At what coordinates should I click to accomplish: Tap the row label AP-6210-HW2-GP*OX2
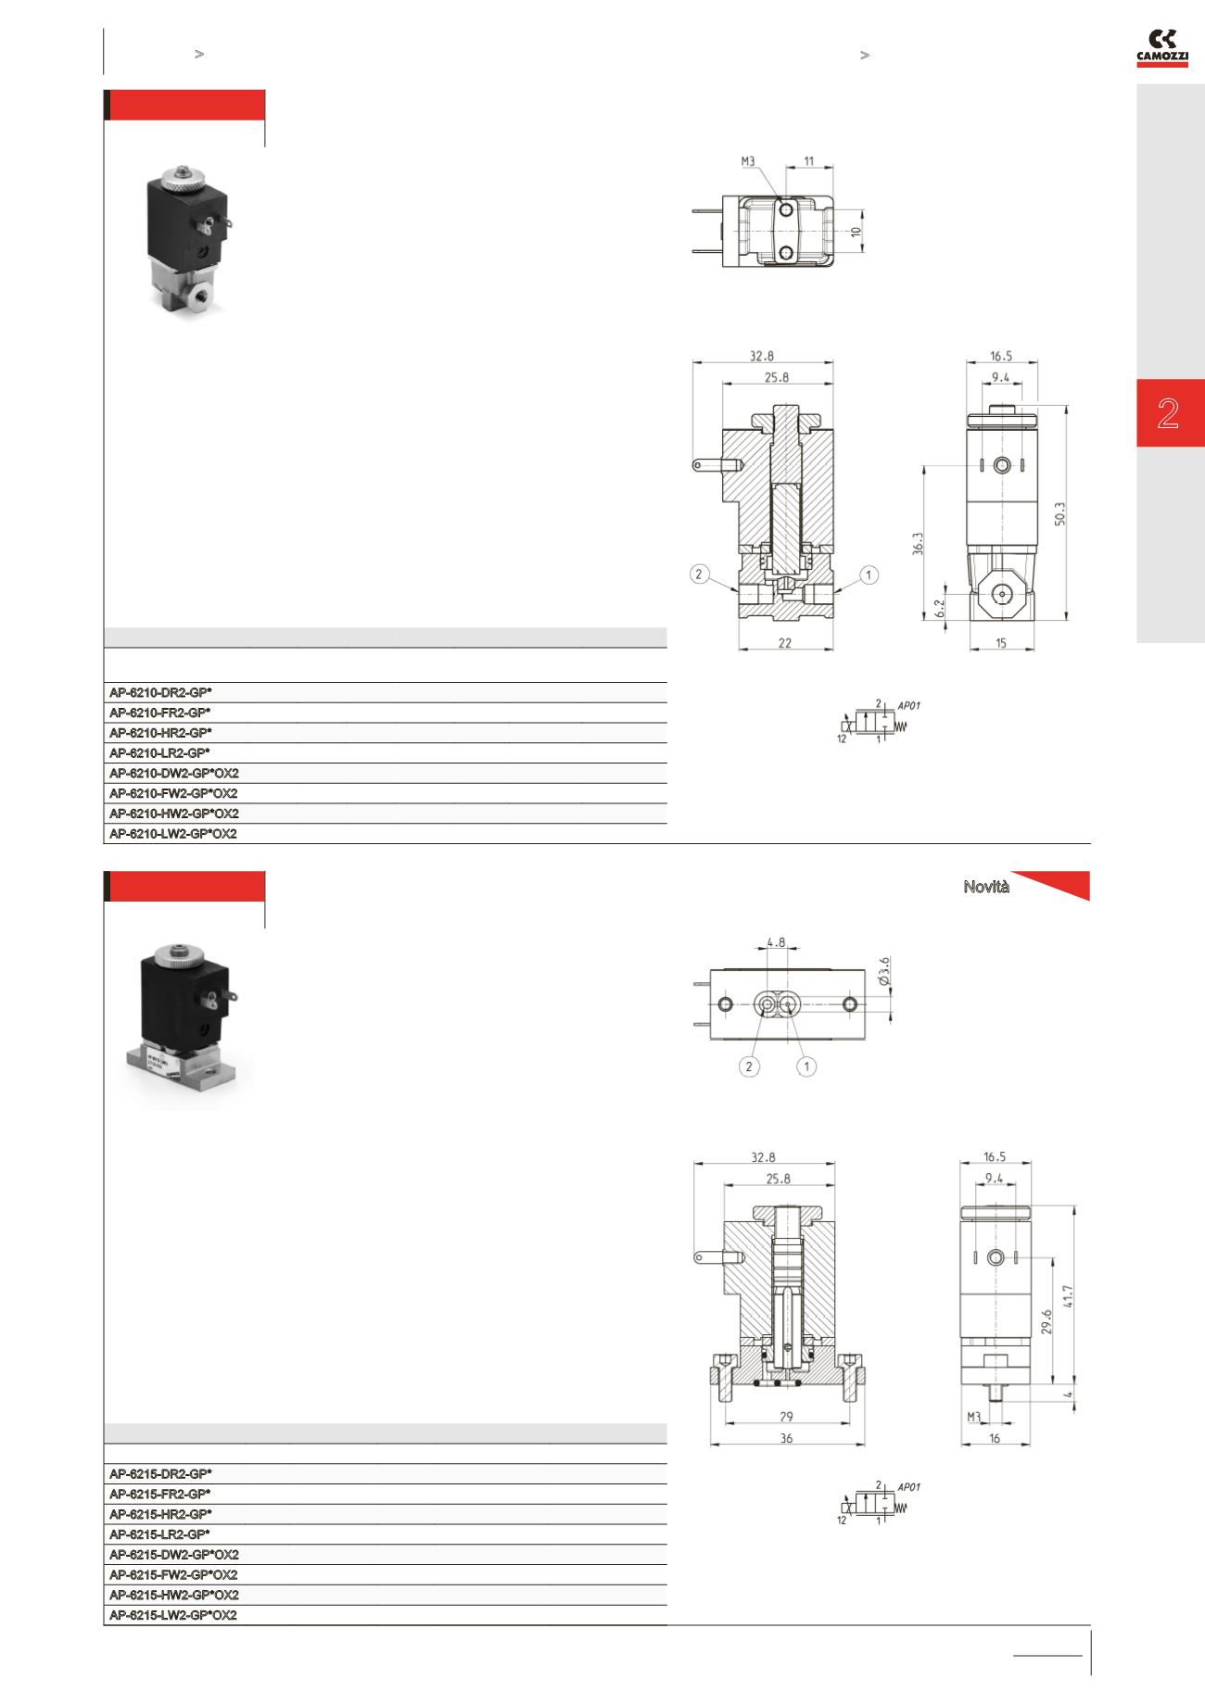[x=173, y=814]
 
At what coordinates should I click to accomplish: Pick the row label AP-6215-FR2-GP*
[x=160, y=1494]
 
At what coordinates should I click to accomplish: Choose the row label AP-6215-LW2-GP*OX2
[x=172, y=1615]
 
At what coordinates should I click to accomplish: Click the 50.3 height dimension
[x=1059, y=513]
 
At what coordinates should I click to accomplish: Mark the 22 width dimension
[x=785, y=643]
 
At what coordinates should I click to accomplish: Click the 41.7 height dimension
[x=1068, y=1295]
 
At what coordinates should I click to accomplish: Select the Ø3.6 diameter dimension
[x=883, y=969]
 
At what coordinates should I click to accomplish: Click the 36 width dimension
[x=787, y=1438]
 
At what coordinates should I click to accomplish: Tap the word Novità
[x=986, y=887]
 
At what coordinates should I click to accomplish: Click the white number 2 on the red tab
[x=1168, y=413]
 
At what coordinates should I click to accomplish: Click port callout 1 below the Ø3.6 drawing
[x=807, y=1067]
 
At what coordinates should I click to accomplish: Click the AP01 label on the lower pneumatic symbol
[x=909, y=1487]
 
